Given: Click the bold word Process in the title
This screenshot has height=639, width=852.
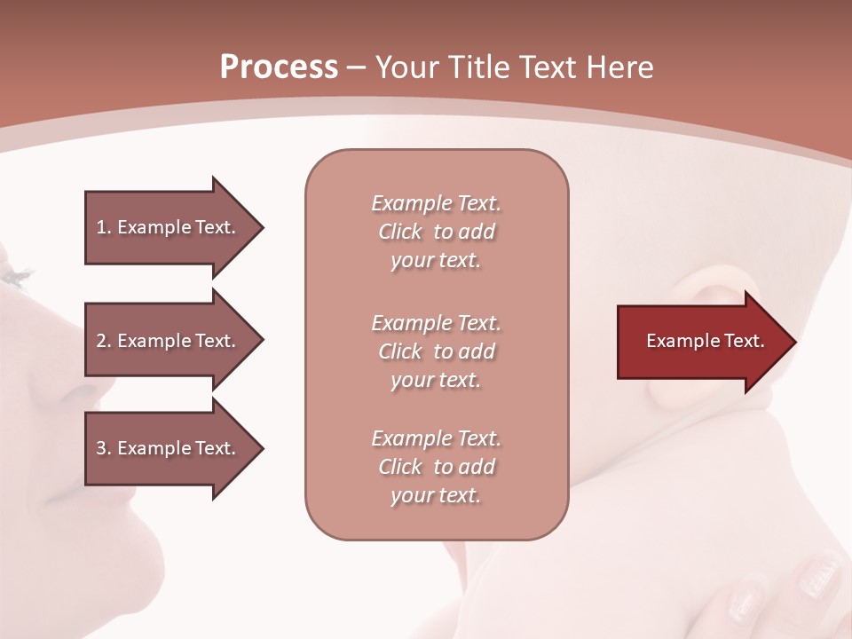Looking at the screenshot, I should pos(279,67).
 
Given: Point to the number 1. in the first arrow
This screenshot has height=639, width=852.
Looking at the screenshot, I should pos(103,227).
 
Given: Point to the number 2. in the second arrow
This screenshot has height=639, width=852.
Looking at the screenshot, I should pos(103,341).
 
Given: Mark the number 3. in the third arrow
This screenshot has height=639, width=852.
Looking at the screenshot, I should pos(103,448).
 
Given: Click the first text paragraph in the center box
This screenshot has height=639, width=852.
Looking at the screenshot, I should pos(436,232).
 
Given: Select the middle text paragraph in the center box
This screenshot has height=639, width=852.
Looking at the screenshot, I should pos(436,351).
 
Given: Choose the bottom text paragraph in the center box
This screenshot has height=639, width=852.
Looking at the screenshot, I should pos(436,467).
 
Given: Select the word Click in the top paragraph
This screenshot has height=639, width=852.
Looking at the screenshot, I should pos(400,232).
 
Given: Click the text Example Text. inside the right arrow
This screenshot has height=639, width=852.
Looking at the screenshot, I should pos(705,341).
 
